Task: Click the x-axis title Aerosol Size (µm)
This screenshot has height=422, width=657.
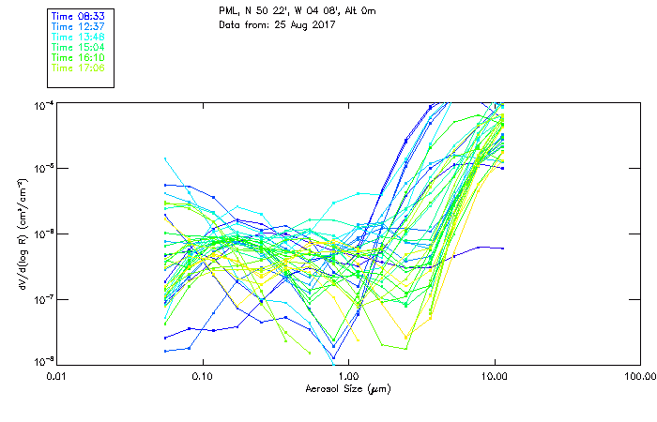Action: pyautogui.click(x=348, y=388)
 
